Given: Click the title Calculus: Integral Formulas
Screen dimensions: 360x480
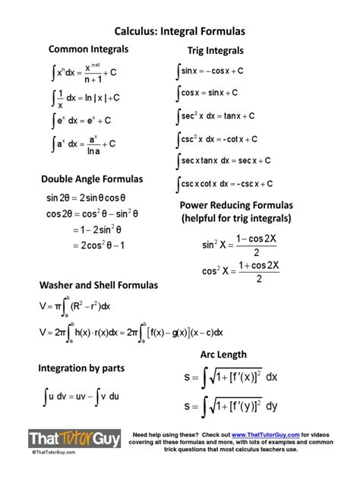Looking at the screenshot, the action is tap(179, 33).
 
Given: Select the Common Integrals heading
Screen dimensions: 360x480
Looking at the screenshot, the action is tap(88, 49).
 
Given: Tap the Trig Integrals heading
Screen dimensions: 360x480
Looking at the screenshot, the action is tap(216, 51).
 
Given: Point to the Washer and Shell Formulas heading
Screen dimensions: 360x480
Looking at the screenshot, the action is tap(99, 286).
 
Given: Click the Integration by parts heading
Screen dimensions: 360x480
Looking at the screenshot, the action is tap(81, 368).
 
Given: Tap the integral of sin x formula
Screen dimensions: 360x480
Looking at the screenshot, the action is tap(210, 71).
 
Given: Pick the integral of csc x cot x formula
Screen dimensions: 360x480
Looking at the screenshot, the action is tap(225, 184).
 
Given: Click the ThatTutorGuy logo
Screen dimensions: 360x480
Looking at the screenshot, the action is tap(73, 439).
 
